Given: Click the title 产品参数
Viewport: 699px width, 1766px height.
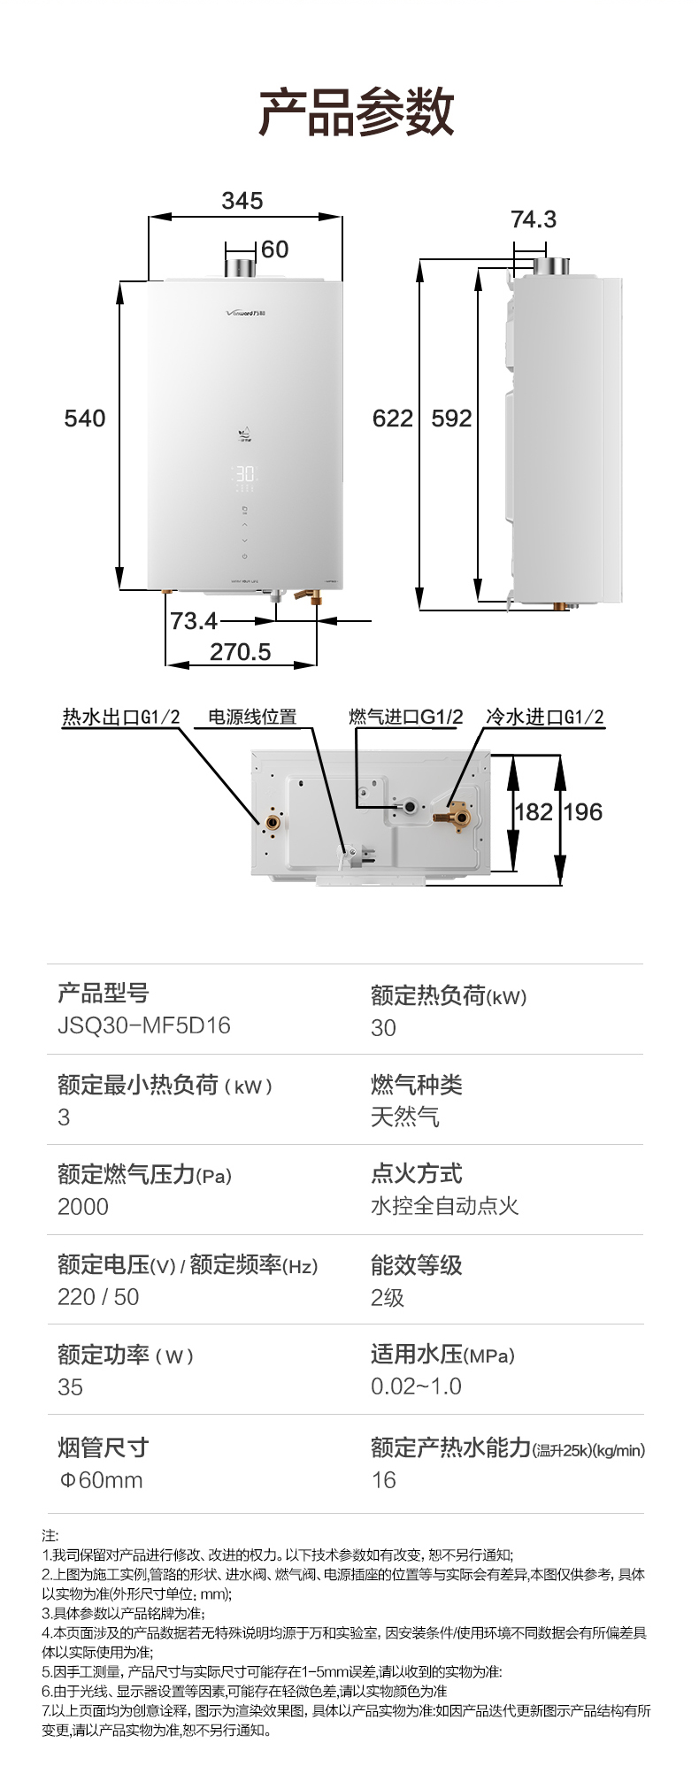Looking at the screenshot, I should pos(356,112).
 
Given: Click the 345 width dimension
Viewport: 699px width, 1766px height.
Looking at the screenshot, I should pos(242,201).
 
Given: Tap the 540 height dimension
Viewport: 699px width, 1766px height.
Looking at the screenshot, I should pos(85,418).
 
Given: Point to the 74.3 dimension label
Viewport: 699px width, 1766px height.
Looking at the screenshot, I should pos(534,219).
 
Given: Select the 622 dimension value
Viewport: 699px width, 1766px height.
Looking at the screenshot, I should pos(393,418).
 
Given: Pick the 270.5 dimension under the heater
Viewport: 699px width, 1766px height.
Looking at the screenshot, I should pos(240,652).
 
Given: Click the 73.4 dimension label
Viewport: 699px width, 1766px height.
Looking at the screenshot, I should pos(194,621).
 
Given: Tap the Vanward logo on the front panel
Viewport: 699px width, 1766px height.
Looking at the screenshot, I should pos(246,313).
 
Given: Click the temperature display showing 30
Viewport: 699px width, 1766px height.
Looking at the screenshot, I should pos(245,474).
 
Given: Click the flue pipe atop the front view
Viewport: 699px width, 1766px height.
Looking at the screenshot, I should pos(241,268).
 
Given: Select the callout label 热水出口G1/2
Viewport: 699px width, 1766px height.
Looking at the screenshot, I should pos(121,717).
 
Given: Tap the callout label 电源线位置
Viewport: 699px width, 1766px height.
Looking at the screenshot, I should pos(252,717).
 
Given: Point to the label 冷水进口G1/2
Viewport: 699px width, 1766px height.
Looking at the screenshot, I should pos(545,717).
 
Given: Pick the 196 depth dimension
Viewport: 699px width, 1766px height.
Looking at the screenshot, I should pos(583,812).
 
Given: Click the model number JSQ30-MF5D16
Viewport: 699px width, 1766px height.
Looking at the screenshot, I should pos(144,1025).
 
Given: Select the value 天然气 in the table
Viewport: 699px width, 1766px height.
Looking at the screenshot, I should pos(405,1117).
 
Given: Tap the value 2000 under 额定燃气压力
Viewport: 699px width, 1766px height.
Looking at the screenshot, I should pos(83,1207).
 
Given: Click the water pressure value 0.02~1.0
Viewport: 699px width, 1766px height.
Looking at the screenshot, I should pos(416,1386).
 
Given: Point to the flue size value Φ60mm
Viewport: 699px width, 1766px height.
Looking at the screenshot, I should pos(101,1480).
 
